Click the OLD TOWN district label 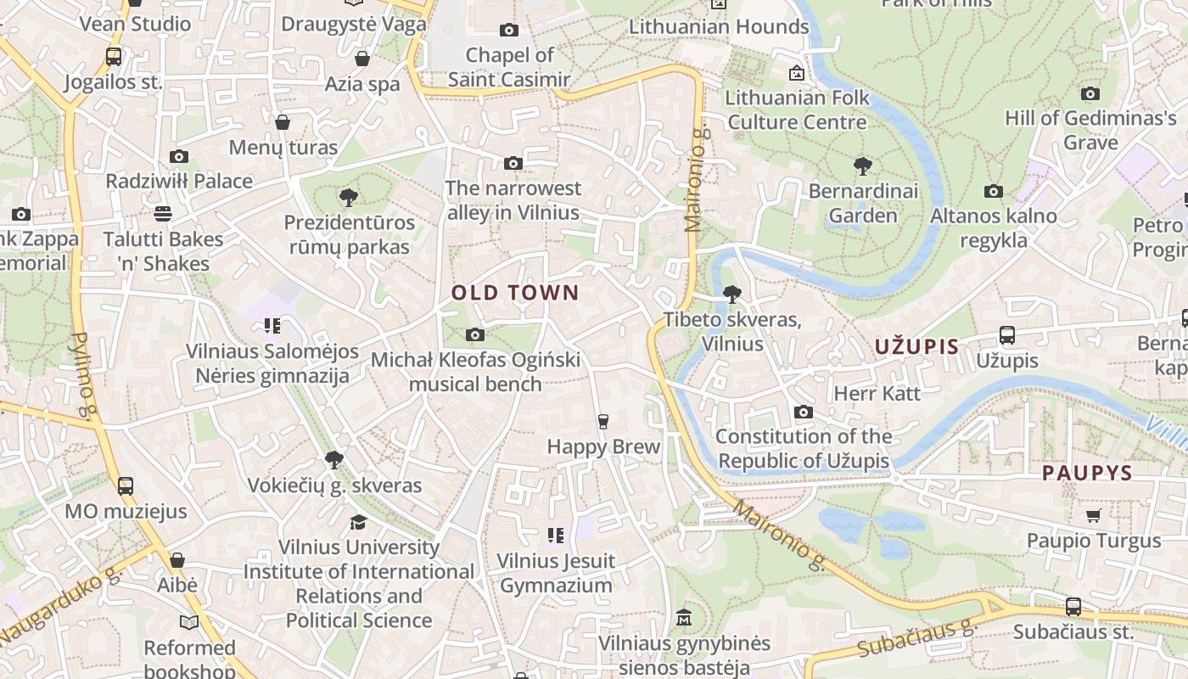(x=514, y=294)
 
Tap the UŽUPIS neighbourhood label (x=916, y=346)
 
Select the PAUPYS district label (x=1087, y=474)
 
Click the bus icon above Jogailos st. (x=113, y=57)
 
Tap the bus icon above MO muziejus (x=125, y=486)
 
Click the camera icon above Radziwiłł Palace (x=178, y=156)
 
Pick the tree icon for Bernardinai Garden (x=863, y=166)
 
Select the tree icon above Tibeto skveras (x=731, y=295)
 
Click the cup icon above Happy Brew (x=602, y=422)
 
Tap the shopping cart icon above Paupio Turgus (x=1093, y=515)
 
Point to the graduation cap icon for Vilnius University (x=358, y=522)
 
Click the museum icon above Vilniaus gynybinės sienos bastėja (x=684, y=618)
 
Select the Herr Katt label (x=877, y=393)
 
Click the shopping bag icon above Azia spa (x=362, y=59)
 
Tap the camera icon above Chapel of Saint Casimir (x=509, y=31)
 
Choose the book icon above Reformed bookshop (x=188, y=623)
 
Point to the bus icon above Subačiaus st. (x=1073, y=607)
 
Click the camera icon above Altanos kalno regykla (x=994, y=192)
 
